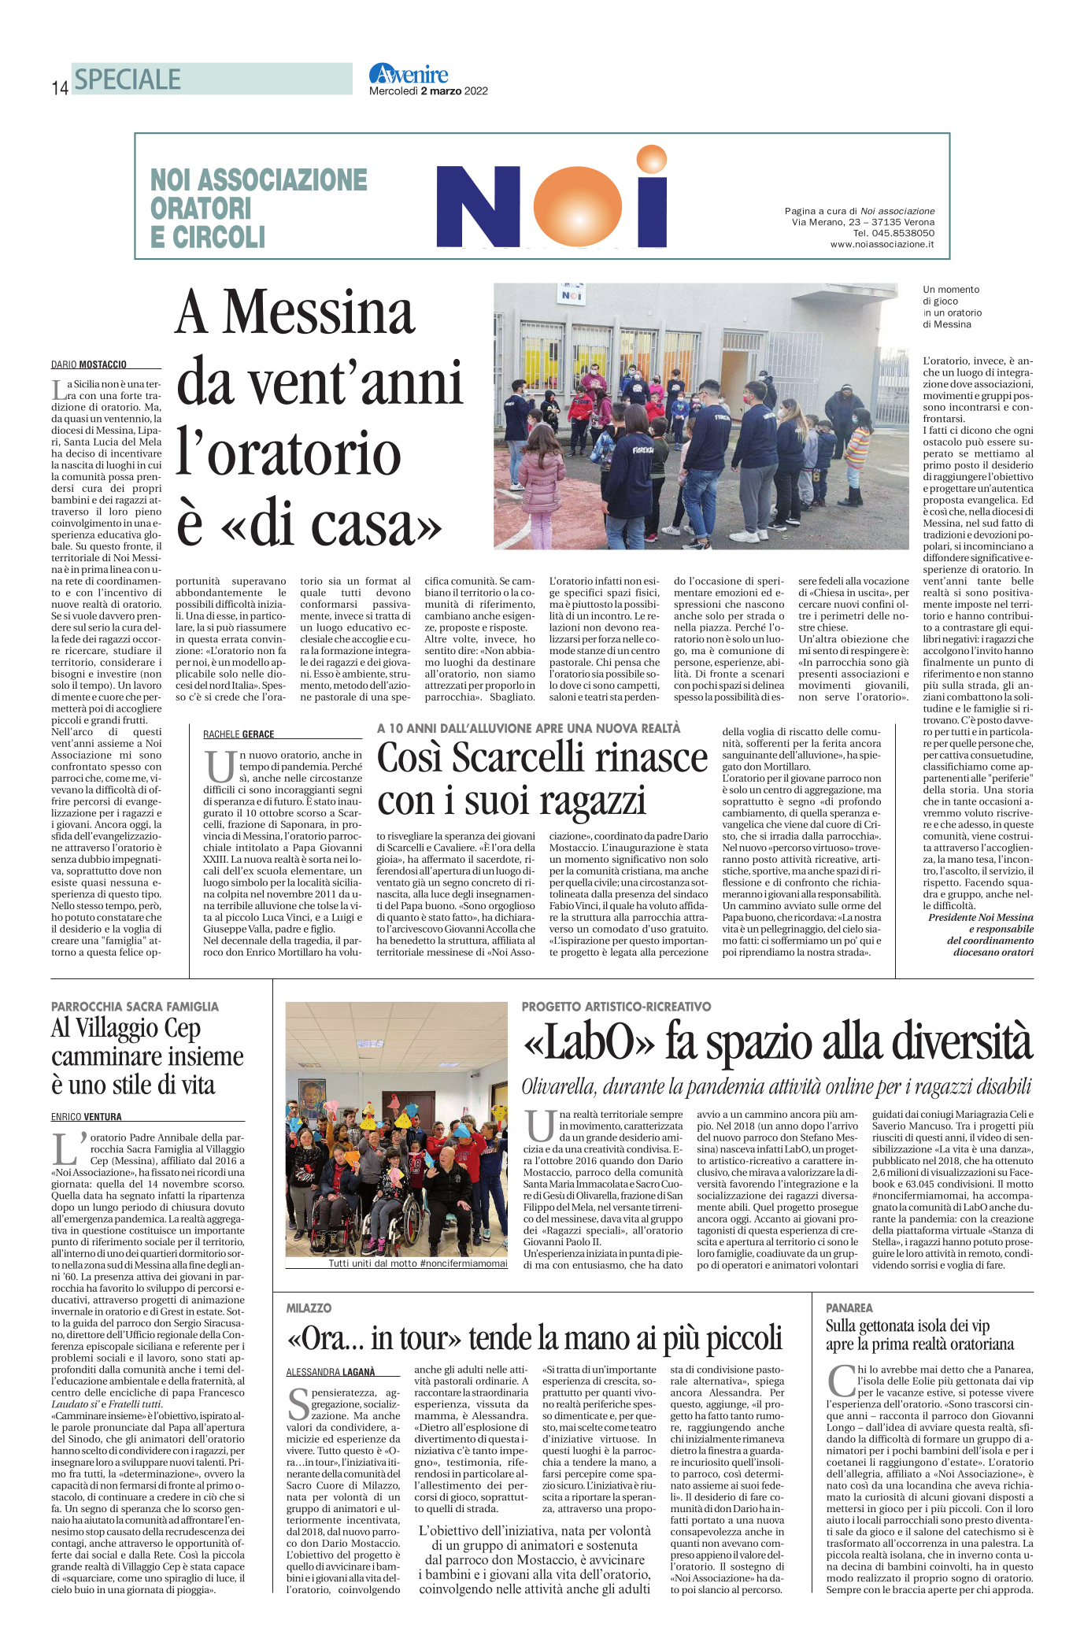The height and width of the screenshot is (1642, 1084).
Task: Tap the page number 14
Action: tap(60, 88)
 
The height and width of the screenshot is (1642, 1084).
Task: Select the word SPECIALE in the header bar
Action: tap(128, 80)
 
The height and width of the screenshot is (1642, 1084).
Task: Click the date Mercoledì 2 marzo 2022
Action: tap(428, 91)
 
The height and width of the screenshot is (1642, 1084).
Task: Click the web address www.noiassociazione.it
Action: tap(882, 244)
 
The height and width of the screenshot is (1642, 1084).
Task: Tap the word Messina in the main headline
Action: tap(319, 312)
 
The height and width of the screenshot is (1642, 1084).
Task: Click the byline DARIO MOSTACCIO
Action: tap(89, 364)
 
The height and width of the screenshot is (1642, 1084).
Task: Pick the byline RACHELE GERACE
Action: tap(239, 734)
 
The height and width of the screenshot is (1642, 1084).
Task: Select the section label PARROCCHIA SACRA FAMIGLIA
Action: tap(135, 1006)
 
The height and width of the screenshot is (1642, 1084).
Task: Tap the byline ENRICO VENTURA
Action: tap(87, 1116)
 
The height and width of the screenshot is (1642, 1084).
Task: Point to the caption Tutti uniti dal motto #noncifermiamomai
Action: tap(418, 1263)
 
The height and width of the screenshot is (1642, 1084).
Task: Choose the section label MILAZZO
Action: tap(309, 1307)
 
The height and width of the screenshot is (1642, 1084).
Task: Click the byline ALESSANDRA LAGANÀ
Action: tap(331, 1372)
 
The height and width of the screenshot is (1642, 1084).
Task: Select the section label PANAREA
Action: tap(849, 1307)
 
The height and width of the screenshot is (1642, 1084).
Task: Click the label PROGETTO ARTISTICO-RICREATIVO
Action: tap(616, 1006)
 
